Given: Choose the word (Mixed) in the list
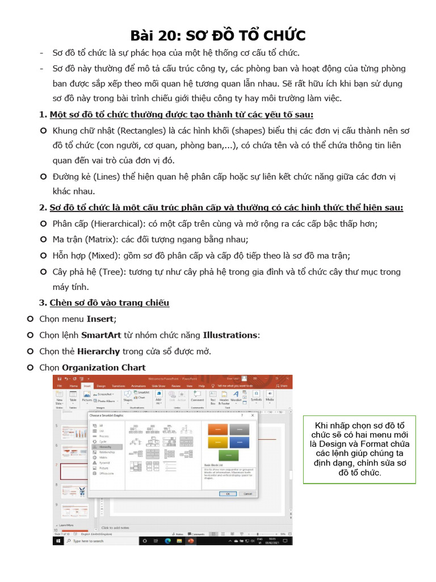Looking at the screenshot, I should click(x=100, y=255).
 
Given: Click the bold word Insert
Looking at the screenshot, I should click(x=100, y=319).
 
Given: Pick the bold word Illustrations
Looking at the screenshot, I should click(x=230, y=335).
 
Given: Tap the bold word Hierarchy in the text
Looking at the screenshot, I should click(x=98, y=351).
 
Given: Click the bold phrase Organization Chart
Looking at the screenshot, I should click(x=104, y=367).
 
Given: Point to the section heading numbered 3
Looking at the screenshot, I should click(x=109, y=302).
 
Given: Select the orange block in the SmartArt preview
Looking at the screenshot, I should click(x=218, y=429).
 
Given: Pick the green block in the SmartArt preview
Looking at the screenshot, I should click(x=229, y=455).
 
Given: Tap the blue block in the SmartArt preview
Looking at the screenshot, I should click(x=239, y=442).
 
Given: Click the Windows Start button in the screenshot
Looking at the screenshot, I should click(x=59, y=541).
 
